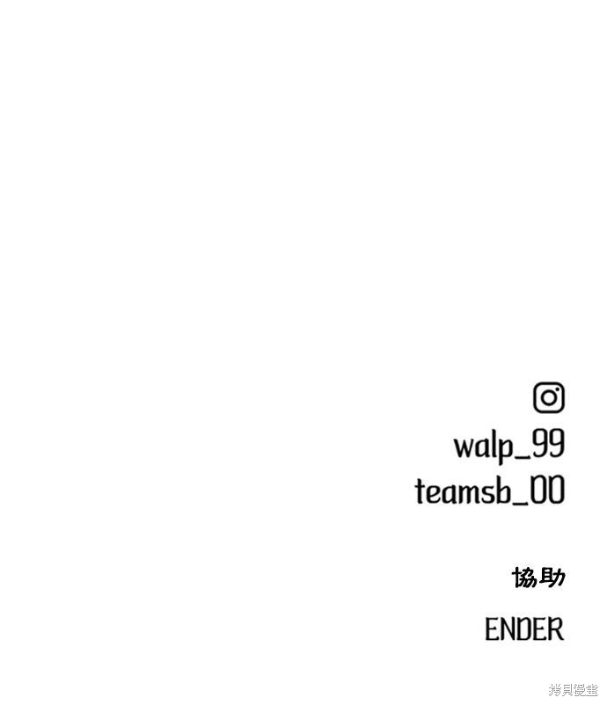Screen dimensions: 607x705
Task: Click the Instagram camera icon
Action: (549, 397)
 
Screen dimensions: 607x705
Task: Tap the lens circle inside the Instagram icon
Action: (549, 398)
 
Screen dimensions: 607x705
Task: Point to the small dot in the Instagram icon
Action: (558, 389)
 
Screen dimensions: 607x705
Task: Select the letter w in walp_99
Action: (464, 447)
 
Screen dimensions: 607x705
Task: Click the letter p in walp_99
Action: (504, 449)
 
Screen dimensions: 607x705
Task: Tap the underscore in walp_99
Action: (522, 457)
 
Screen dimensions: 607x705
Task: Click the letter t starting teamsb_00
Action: (421, 491)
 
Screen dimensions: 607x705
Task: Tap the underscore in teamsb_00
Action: (521, 503)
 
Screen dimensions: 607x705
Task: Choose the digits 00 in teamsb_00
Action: (547, 490)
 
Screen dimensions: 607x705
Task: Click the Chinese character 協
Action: (524, 577)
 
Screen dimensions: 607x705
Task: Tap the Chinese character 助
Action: (552, 577)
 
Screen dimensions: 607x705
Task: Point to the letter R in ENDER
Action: (557, 629)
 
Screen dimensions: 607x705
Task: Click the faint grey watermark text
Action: (574, 689)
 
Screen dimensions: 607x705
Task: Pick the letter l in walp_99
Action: (493, 444)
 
